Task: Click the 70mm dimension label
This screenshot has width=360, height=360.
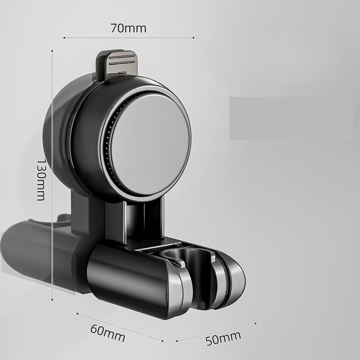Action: [x=128, y=28]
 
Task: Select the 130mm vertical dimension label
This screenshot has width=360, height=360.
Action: [x=41, y=179]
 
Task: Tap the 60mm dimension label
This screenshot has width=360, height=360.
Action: [x=108, y=332]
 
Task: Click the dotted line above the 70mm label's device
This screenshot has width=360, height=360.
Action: [x=128, y=38]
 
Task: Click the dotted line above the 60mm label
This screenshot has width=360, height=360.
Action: [x=119, y=327]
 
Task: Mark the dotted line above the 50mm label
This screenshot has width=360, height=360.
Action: [x=216, y=331]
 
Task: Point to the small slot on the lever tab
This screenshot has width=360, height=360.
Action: [x=122, y=71]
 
